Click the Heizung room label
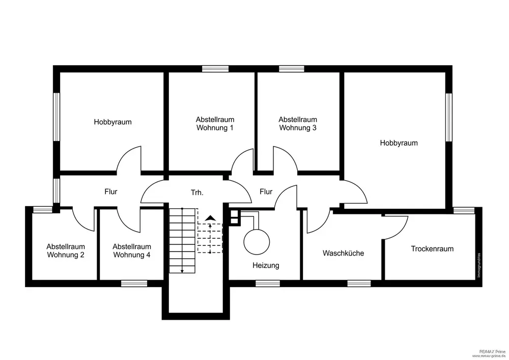coord(266,265)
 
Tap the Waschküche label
coord(343,253)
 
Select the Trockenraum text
coord(432,249)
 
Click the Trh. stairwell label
coord(197,192)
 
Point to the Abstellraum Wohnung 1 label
coord(215,124)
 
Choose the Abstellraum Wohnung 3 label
coord(298,124)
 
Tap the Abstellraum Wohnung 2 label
coord(66,250)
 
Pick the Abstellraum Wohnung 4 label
coord(132,250)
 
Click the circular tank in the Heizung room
coord(256,241)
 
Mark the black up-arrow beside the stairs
coord(210,218)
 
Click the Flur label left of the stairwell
coord(111,191)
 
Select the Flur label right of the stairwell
coord(266,191)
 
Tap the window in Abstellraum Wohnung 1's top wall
coord(215,69)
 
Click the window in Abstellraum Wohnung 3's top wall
coord(291,69)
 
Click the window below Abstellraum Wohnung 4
coord(134,283)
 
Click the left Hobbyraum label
coord(112,122)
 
